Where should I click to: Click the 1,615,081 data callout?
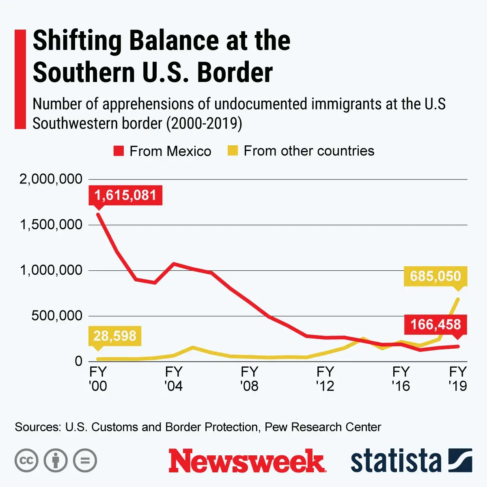tap(125, 195)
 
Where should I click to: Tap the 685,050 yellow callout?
tap(435, 276)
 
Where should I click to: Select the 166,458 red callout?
tap(435, 325)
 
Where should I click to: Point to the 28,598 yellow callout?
tap(115, 336)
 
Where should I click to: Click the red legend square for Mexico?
tap(119, 151)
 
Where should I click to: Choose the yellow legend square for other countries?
tap(233, 151)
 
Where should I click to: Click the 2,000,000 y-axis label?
tap(51, 179)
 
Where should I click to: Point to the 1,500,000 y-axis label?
tap(51, 224)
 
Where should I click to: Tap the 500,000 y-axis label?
tap(57, 316)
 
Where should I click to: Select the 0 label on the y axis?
tap(78, 361)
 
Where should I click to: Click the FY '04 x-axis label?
tap(174, 379)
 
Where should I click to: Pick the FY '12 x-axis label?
tap(325, 379)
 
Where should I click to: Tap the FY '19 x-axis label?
tap(458, 379)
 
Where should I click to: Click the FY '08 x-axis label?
tap(249, 379)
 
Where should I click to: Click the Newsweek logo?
tap(247, 461)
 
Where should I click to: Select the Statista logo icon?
tap(460, 461)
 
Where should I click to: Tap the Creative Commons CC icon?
tap(26, 461)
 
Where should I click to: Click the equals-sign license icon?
tap(85, 461)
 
